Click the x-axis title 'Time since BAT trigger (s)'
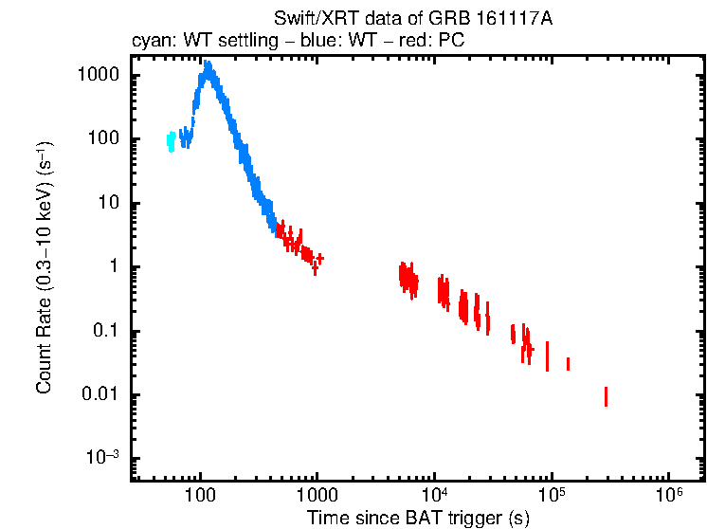417,518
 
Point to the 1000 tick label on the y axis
98,75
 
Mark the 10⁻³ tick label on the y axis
101,458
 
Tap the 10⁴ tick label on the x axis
434,495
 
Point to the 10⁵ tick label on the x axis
552,495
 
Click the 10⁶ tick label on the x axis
669,495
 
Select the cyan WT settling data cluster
171,141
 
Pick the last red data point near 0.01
606,396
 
